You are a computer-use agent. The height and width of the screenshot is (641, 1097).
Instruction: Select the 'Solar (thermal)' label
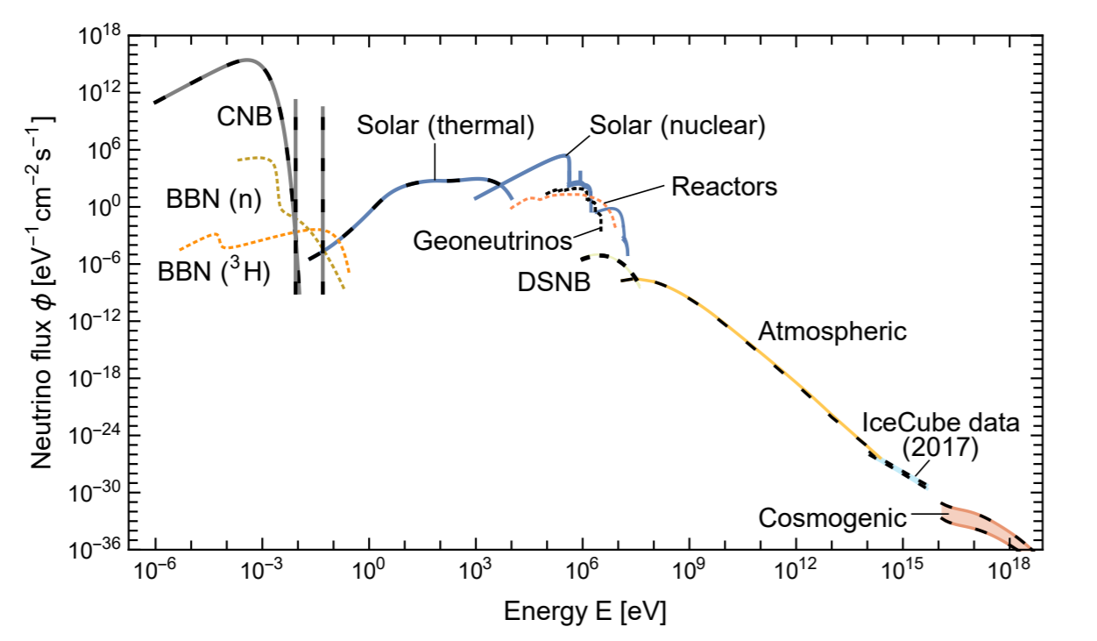445,125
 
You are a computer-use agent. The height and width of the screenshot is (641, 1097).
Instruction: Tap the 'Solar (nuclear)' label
677,125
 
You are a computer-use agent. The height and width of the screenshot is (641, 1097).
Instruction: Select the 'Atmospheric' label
832,332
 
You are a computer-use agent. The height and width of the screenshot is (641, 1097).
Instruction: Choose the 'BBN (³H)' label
214,272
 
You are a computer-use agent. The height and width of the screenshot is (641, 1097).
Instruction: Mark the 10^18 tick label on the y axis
98,38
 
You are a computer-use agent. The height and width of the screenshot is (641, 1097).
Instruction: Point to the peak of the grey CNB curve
247,60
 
